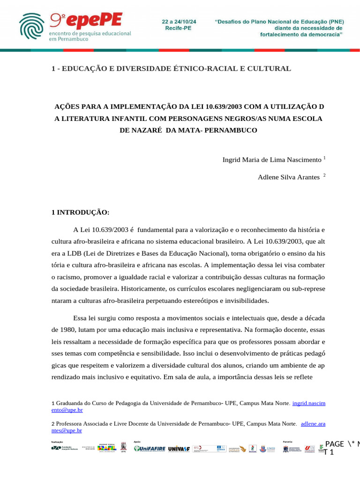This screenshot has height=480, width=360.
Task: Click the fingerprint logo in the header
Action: (x=33, y=26)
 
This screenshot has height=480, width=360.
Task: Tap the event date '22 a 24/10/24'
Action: (x=179, y=22)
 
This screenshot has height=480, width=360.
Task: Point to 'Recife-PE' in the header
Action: (x=178, y=29)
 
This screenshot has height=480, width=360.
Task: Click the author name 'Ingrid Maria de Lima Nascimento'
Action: (x=272, y=159)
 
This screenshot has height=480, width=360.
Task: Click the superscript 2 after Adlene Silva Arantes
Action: (x=324, y=175)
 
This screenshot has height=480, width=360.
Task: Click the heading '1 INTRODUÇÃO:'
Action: (x=80, y=212)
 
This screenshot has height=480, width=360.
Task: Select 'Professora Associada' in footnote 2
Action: (x=82, y=423)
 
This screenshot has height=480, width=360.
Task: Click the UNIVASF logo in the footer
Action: (x=179, y=449)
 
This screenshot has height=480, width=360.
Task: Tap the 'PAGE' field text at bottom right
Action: (x=334, y=444)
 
